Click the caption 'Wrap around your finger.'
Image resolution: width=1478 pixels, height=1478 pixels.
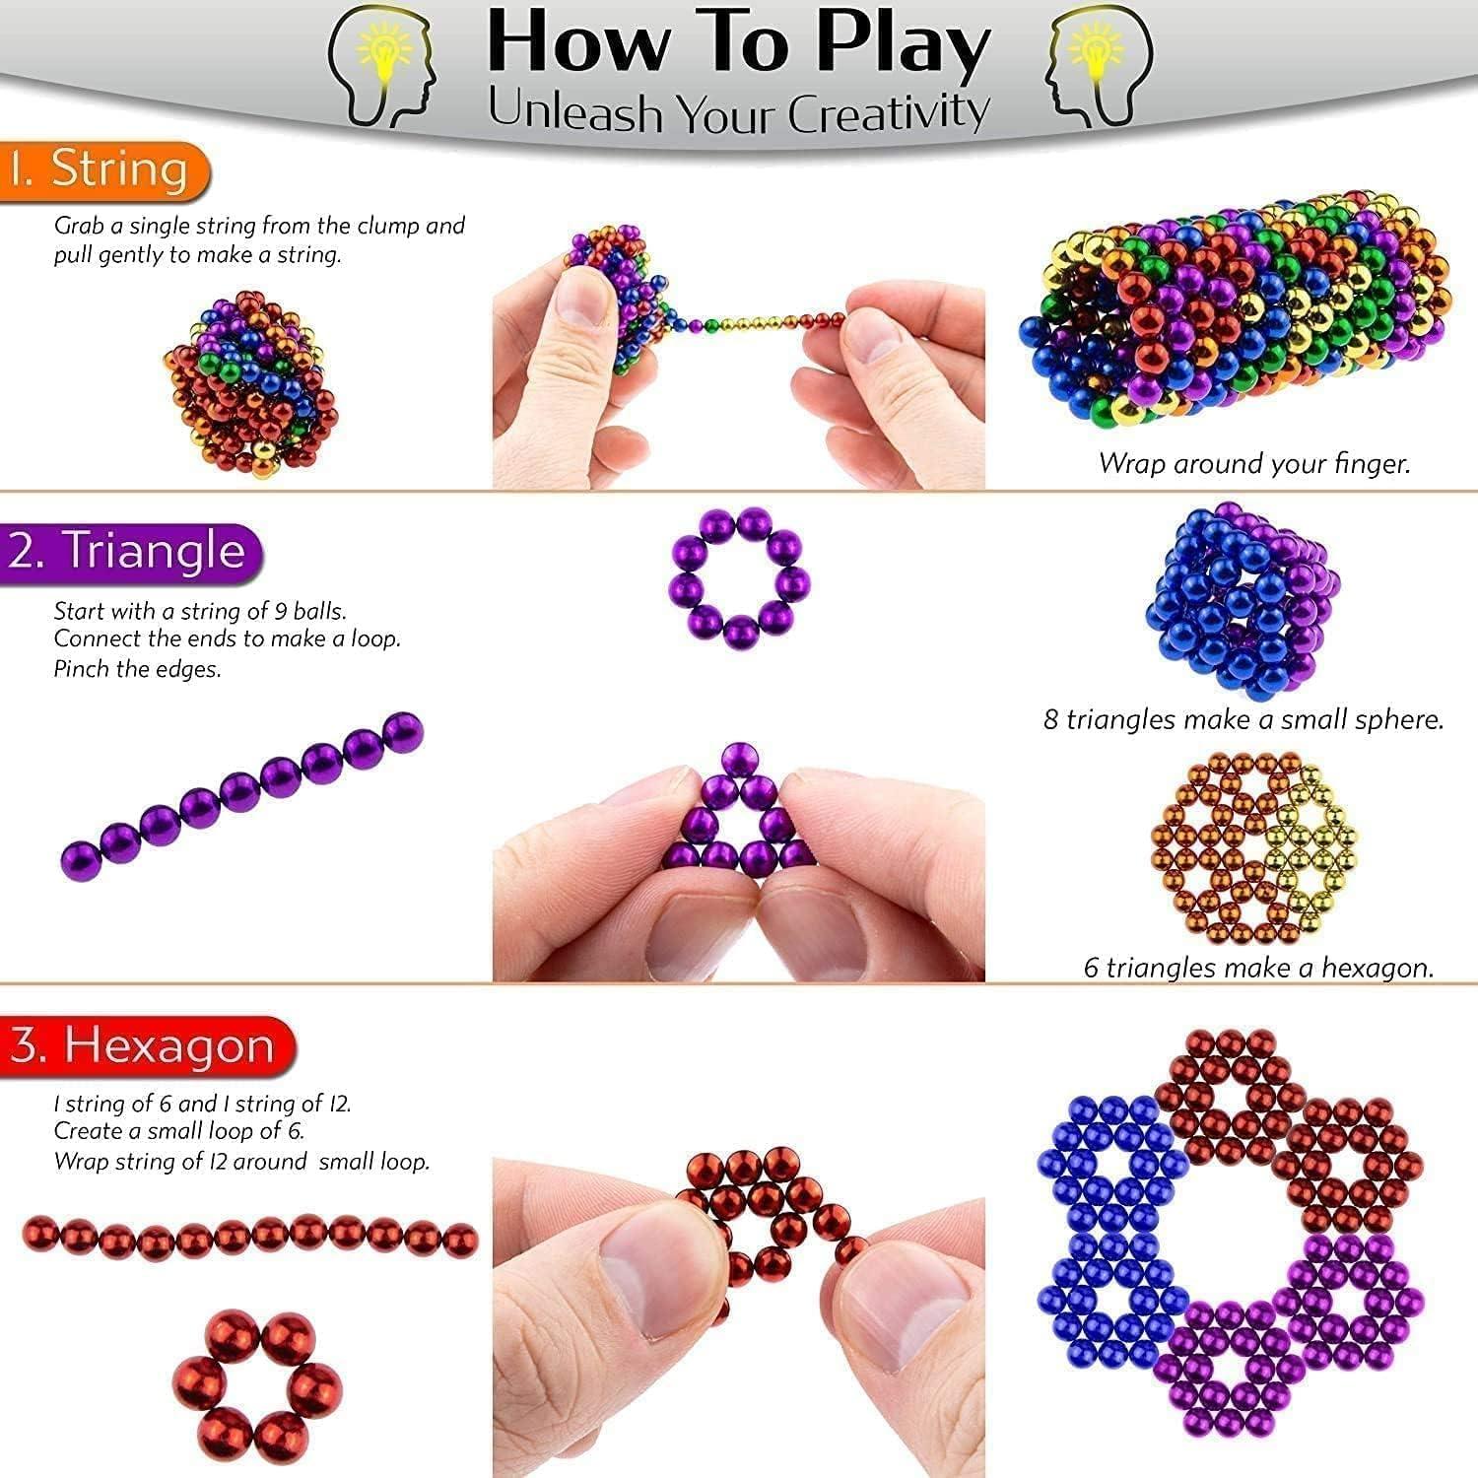(x=1254, y=463)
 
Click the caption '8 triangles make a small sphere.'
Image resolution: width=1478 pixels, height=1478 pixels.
(x=1243, y=719)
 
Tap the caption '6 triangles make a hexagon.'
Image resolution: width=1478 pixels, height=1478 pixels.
(x=1258, y=968)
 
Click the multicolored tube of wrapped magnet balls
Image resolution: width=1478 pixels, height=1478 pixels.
(x=1237, y=315)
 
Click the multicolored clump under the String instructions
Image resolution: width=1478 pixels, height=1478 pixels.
(x=251, y=384)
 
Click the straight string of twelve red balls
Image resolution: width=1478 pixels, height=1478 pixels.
(x=249, y=1238)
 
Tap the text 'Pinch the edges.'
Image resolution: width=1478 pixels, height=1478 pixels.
(x=137, y=669)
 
